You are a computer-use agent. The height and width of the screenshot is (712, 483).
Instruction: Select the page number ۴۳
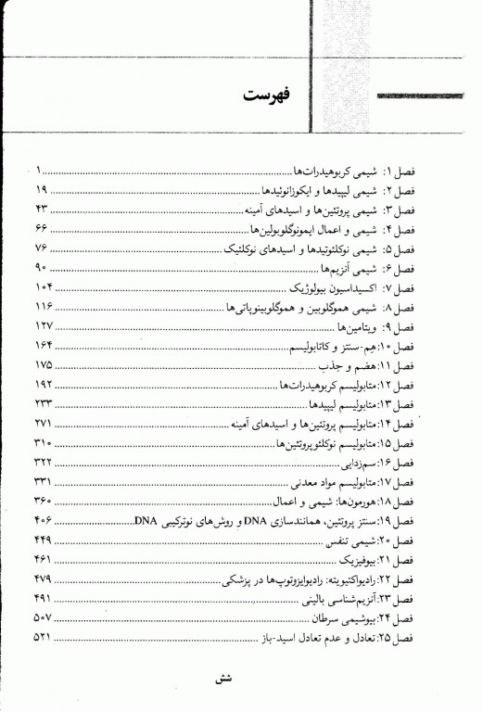pyautogui.click(x=46, y=210)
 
